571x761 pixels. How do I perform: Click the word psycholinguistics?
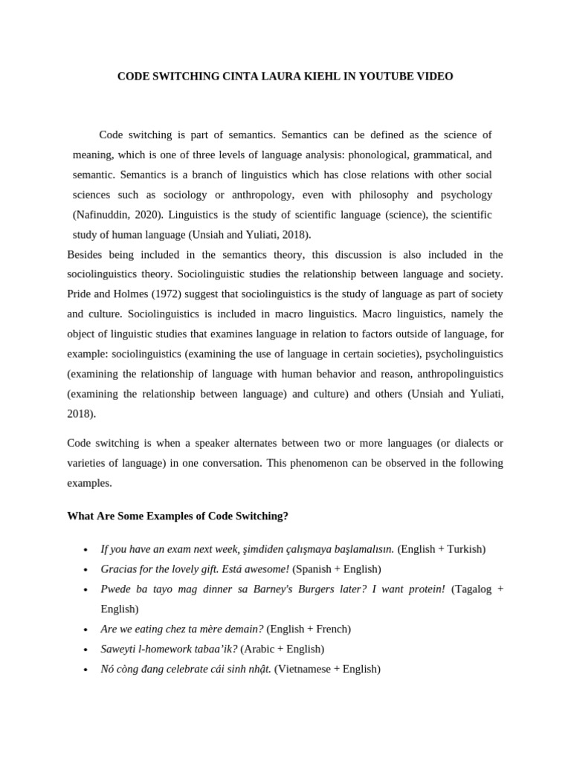(463, 354)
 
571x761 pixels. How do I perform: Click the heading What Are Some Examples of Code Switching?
(178, 516)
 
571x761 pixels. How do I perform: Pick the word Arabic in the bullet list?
(259, 650)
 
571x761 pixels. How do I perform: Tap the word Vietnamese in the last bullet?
(303, 670)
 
